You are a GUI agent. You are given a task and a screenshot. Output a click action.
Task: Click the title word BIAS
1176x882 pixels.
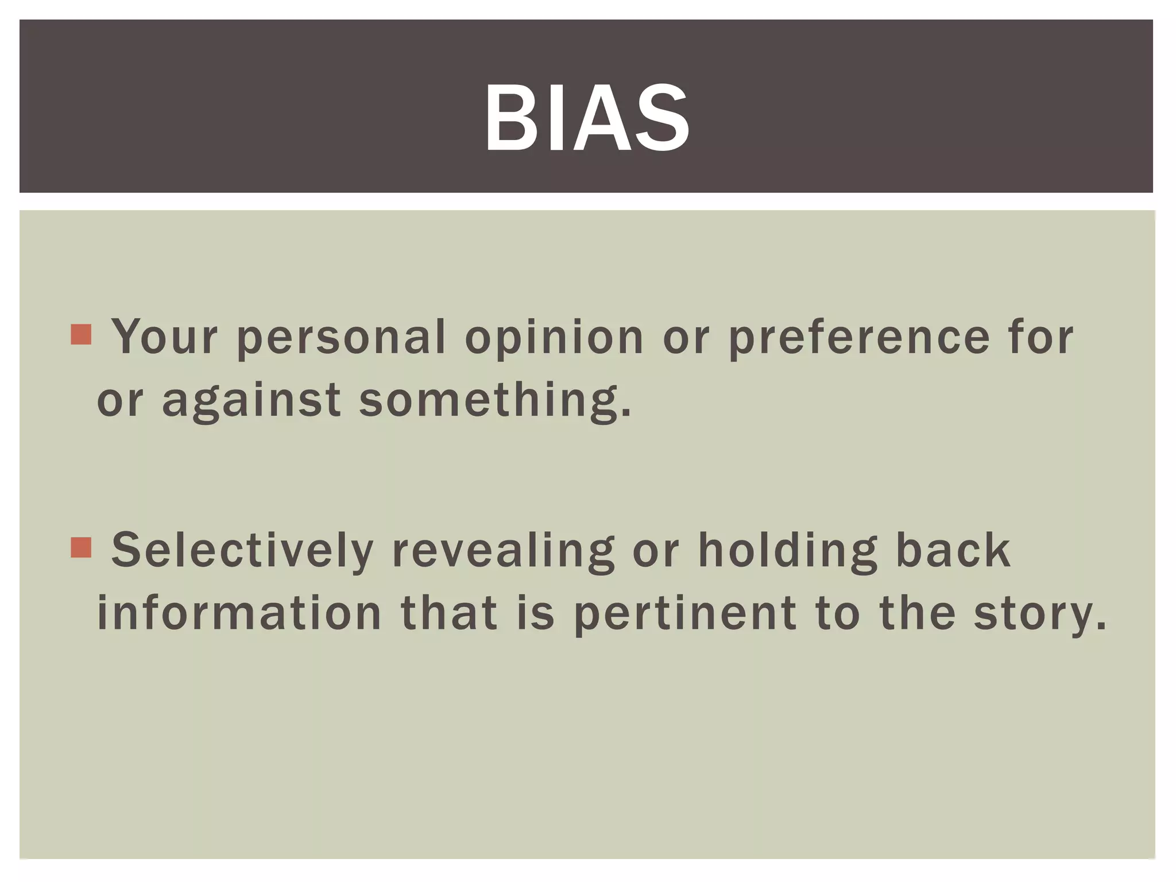(587, 118)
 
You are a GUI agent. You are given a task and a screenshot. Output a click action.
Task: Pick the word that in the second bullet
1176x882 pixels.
(449, 613)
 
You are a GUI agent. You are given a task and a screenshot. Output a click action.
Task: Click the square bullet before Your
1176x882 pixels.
(81, 334)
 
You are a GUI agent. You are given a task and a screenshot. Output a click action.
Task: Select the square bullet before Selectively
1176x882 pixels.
(81, 547)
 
